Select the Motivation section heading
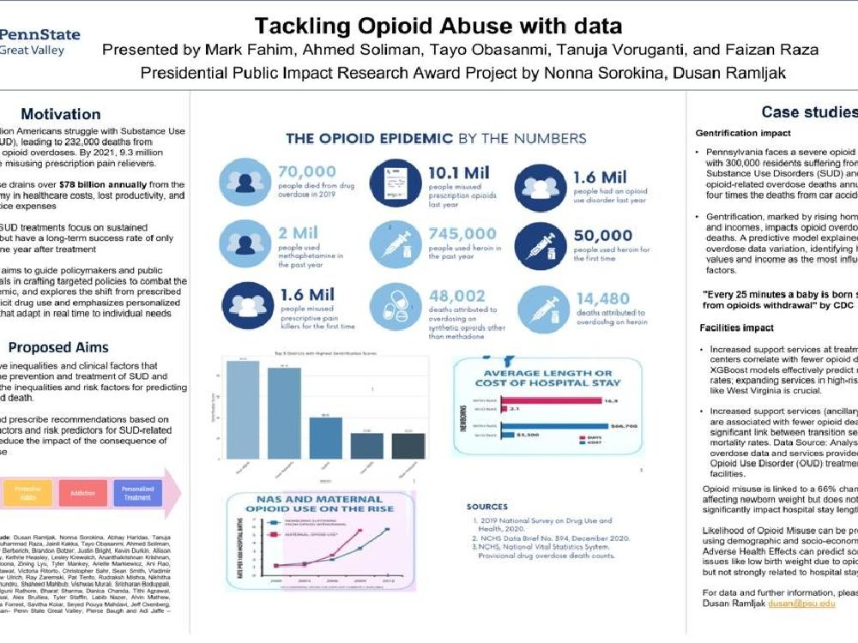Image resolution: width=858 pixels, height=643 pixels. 60,114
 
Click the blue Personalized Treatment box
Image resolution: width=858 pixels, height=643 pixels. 138,492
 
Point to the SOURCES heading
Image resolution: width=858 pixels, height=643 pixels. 486,507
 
